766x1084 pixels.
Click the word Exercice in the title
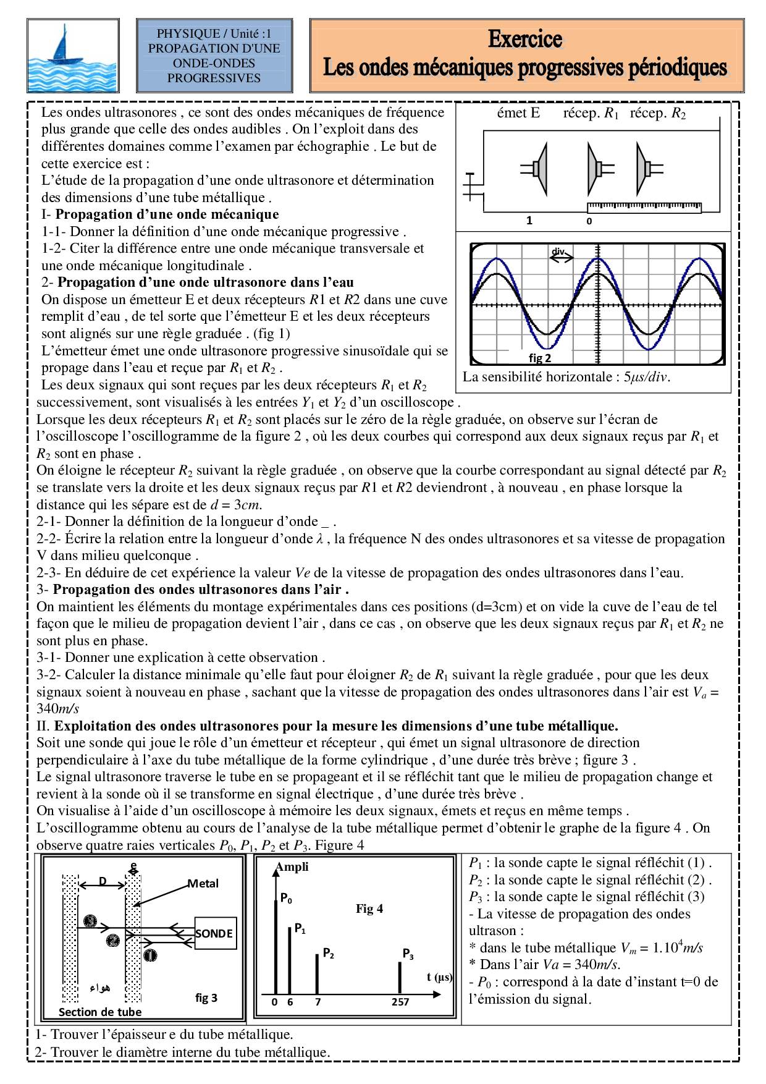[x=524, y=39]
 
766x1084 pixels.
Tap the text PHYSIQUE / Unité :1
[x=214, y=33]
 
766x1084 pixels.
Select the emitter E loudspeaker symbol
[x=537, y=167]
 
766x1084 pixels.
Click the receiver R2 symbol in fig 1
[x=649, y=167]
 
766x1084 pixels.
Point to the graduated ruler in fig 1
[x=644, y=206]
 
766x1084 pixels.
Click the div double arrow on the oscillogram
[x=561, y=259]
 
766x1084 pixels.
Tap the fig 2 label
[x=539, y=358]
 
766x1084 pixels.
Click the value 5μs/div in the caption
[x=646, y=377]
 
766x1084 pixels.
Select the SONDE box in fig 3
[x=214, y=934]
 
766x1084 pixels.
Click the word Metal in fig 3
[x=203, y=884]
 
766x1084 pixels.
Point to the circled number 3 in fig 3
[x=90, y=921]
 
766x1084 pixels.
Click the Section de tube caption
[x=100, y=1012]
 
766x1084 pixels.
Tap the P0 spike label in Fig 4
[x=286, y=898]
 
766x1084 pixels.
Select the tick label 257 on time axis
[x=400, y=1002]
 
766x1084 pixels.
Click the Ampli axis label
[x=292, y=867]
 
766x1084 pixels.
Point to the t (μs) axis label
[x=439, y=977]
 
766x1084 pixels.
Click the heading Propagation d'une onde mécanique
[x=167, y=214]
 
